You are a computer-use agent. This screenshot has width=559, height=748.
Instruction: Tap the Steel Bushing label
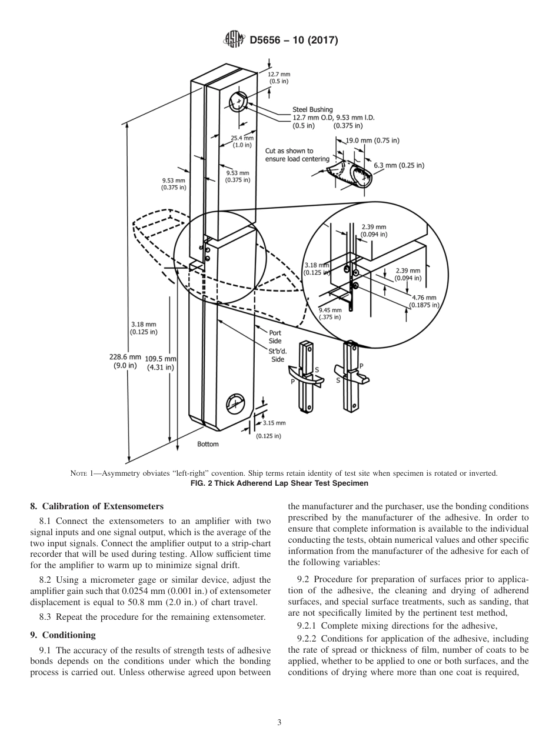[312, 109]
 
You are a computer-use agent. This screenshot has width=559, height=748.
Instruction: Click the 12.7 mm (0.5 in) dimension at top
[279, 78]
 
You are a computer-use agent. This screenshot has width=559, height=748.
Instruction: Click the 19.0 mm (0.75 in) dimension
[372, 141]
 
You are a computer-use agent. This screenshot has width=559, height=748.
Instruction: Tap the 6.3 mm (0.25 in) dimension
[398, 165]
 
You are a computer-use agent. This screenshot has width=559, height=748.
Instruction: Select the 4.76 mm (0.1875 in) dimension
[424, 301]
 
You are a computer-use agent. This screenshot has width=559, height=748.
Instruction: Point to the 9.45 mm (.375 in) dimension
[330, 313]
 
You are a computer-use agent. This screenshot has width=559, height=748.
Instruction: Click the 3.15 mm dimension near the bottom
[274, 423]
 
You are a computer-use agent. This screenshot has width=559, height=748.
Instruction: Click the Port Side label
[275, 337]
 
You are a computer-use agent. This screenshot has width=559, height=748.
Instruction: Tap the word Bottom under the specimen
[208, 444]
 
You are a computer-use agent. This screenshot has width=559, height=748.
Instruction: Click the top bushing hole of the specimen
[239, 102]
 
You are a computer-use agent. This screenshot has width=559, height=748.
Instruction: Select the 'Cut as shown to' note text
[290, 151]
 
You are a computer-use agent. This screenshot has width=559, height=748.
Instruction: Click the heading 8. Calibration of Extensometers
[97, 506]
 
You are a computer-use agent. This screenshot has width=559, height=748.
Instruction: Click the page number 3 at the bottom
[279, 722]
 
